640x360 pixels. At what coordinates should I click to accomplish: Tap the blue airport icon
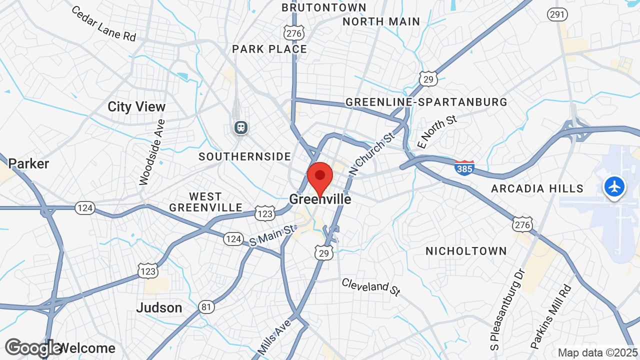click(x=614, y=187)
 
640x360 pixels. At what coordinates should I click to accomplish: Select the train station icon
click(x=241, y=127)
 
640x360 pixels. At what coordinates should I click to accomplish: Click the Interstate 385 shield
click(x=464, y=168)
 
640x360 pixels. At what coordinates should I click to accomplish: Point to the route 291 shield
click(x=557, y=14)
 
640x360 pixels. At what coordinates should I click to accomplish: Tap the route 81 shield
click(x=206, y=306)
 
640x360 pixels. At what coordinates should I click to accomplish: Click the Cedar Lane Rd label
click(x=103, y=23)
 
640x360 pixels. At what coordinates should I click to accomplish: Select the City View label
click(x=136, y=106)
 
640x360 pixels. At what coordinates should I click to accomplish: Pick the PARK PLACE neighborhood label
click(x=269, y=49)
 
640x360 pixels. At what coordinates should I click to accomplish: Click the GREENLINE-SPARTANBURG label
click(x=426, y=102)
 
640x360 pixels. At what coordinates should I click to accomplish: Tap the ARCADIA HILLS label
click(x=537, y=188)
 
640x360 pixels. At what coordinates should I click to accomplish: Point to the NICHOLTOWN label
click(x=466, y=251)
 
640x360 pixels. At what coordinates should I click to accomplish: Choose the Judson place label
click(x=159, y=307)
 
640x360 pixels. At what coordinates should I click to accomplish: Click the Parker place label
click(x=28, y=163)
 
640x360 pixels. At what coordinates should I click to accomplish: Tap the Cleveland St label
click(x=371, y=287)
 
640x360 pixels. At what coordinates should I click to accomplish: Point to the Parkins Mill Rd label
click(x=550, y=316)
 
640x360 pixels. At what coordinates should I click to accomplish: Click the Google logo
click(x=33, y=347)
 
